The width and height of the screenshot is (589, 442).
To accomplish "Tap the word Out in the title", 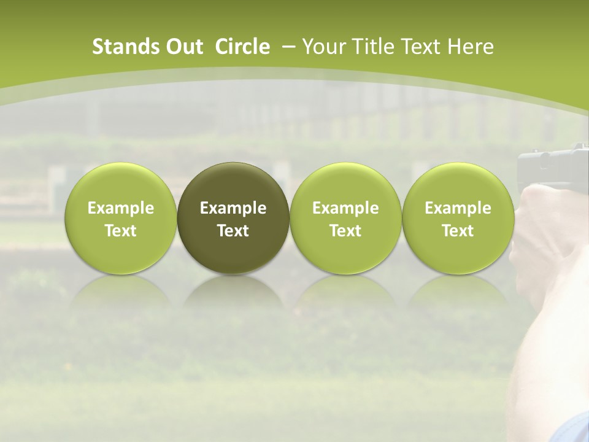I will pyautogui.click(x=183, y=47).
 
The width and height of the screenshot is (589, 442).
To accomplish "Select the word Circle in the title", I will pyautogui.click(x=242, y=47).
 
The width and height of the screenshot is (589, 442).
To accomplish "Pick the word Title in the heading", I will pyautogui.click(x=374, y=47).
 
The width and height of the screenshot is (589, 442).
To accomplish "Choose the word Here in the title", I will pyautogui.click(x=471, y=47).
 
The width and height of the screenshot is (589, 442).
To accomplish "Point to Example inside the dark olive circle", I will pyautogui.click(x=233, y=208).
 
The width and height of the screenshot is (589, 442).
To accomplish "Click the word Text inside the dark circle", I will pyautogui.click(x=233, y=231).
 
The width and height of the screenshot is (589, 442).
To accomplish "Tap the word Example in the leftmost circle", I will pyautogui.click(x=121, y=208).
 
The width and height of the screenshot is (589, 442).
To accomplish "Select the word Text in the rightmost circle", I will pyautogui.click(x=458, y=231).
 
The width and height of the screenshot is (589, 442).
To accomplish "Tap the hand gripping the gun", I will pyautogui.click(x=546, y=227).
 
